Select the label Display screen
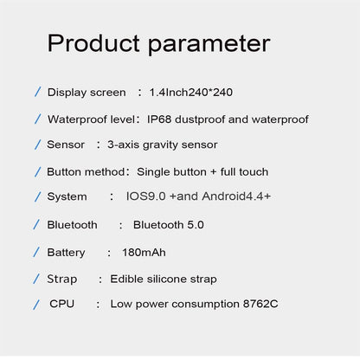[86, 92]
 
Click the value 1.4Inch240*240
[190, 92]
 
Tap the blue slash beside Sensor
[37, 145]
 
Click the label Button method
[88, 171]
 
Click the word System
[67, 197]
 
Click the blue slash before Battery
[37, 252]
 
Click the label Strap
[62, 279]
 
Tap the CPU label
[63, 304]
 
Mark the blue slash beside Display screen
[37, 92]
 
